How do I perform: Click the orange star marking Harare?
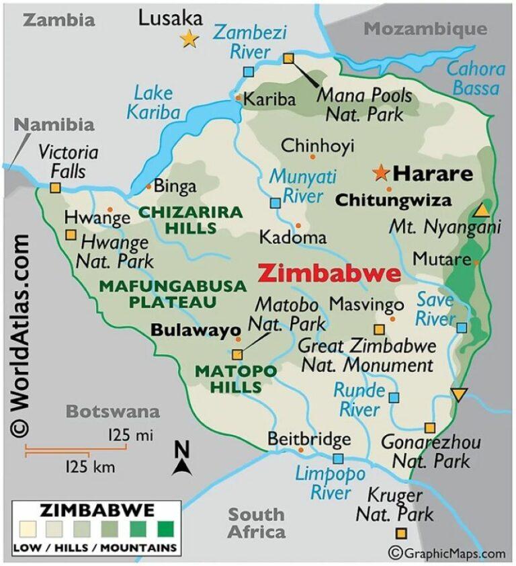point(381,173)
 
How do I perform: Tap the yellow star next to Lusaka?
point(189,39)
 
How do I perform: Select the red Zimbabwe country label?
point(329,274)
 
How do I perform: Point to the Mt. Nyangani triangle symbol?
point(481,210)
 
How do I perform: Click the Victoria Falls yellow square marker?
point(55,188)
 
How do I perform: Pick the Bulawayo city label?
point(196,330)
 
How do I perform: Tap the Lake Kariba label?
point(153,102)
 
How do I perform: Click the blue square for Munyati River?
point(275,202)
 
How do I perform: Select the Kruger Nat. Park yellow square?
point(401,534)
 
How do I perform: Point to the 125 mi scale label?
point(130,436)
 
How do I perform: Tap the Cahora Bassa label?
point(476,78)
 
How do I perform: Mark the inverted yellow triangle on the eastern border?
point(458,395)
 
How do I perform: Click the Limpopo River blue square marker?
point(339,459)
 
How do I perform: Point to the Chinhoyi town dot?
point(312,157)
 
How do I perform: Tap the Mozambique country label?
point(425,28)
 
